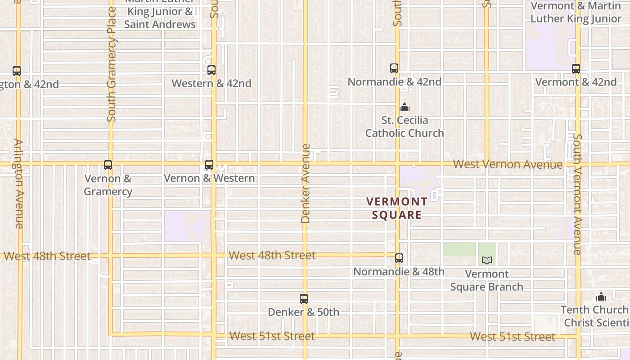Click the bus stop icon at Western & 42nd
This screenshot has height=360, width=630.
click(211, 70)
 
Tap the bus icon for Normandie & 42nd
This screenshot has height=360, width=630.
click(394, 68)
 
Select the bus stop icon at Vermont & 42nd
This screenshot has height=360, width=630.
click(576, 69)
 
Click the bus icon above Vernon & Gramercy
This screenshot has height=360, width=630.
click(108, 165)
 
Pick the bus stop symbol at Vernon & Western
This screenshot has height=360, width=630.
click(209, 165)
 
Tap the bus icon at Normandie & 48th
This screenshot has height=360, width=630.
click(399, 258)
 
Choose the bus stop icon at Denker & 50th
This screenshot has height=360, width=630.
click(304, 299)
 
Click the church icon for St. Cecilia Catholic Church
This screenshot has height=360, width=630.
click(404, 108)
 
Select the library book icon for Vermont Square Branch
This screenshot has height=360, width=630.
click(486, 260)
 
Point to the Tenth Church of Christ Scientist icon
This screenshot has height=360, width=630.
click(601, 297)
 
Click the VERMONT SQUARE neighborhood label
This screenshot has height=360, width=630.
click(396, 208)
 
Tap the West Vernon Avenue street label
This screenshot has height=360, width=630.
click(508, 164)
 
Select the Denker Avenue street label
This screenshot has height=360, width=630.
click(306, 183)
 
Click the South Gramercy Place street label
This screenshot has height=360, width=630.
click(112, 64)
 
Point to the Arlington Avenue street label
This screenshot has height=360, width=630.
click(19, 183)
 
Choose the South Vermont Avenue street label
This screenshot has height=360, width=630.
click(578, 194)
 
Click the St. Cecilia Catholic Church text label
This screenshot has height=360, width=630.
click(404, 127)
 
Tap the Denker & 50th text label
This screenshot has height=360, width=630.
click(303, 312)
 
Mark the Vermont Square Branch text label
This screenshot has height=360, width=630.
click(486, 280)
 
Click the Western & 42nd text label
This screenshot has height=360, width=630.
click(211, 84)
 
